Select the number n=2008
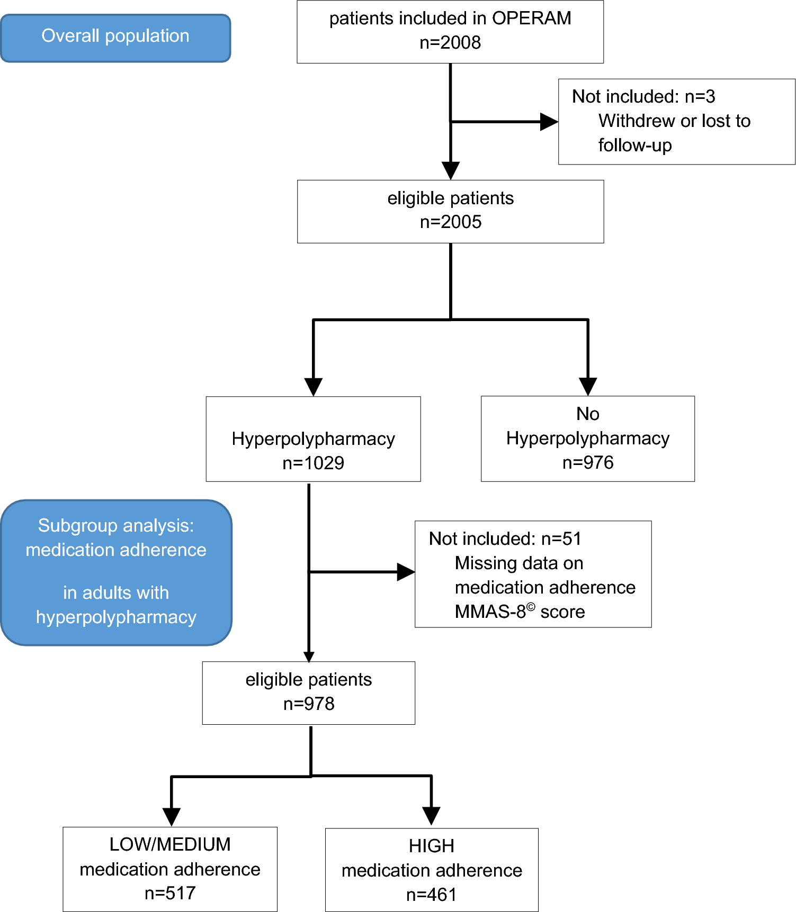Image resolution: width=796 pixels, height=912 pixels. tap(450, 43)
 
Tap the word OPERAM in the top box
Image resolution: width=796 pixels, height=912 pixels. tap(531, 19)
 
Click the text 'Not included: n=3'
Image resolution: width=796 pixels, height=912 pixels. tap(643, 97)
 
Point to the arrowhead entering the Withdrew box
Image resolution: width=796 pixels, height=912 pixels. tap(549, 122)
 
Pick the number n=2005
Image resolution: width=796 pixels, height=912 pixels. tap(451, 222)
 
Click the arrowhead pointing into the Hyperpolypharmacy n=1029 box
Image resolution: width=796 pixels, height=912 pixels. tap(314, 387)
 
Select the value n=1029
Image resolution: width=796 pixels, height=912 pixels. tap(313, 463)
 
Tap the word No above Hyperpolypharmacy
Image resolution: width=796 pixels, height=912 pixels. tap(587, 414)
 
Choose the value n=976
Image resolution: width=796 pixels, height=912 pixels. tap(587, 463)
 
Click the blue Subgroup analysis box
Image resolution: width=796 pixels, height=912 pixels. tap(116, 572)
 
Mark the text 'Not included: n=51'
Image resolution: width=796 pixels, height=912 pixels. tap(505, 539)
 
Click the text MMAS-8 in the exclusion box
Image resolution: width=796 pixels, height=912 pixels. tap(490, 612)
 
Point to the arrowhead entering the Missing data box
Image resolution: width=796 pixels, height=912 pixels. tap(406, 572)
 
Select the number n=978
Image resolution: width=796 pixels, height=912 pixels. tap(309, 704)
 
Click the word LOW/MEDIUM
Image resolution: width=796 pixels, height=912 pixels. tap(170, 845)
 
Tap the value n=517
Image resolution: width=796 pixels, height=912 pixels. tap(170, 893)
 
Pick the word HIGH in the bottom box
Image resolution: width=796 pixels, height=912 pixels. tap(431, 846)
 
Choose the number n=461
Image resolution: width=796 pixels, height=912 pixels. tap(431, 895)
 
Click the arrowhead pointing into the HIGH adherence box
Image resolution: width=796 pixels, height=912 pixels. tap(431, 816)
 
